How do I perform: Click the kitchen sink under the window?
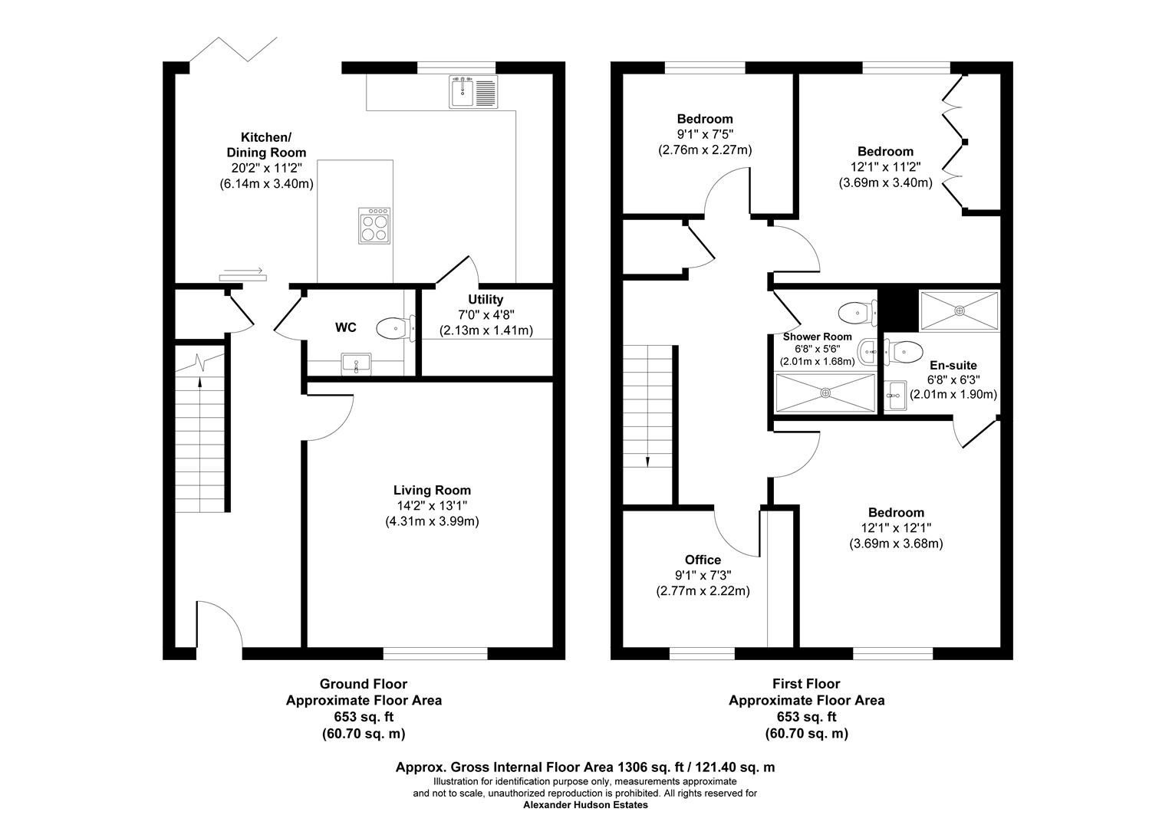point(473,91)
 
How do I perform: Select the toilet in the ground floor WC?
point(395,328)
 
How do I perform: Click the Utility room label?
point(486,299)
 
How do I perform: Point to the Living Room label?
point(432,490)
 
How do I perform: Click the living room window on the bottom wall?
point(435,653)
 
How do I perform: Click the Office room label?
point(703,560)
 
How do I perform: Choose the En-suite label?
point(953,365)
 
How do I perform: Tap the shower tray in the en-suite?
point(959,310)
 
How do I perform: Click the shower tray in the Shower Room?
point(825,393)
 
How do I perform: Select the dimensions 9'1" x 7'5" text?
point(704,134)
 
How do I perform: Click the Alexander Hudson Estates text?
point(585,805)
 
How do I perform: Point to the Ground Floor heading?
point(363,683)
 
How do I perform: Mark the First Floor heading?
point(806,683)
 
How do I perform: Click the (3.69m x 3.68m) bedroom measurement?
point(895,544)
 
